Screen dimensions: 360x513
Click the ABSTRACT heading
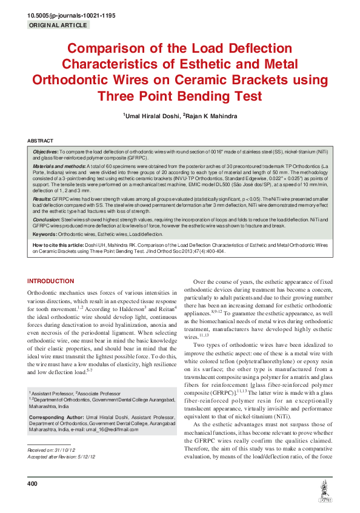point(40,140)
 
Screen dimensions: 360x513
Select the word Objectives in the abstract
point(45,152)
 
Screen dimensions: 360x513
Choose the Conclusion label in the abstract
point(46,218)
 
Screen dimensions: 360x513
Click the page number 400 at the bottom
point(33,483)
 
